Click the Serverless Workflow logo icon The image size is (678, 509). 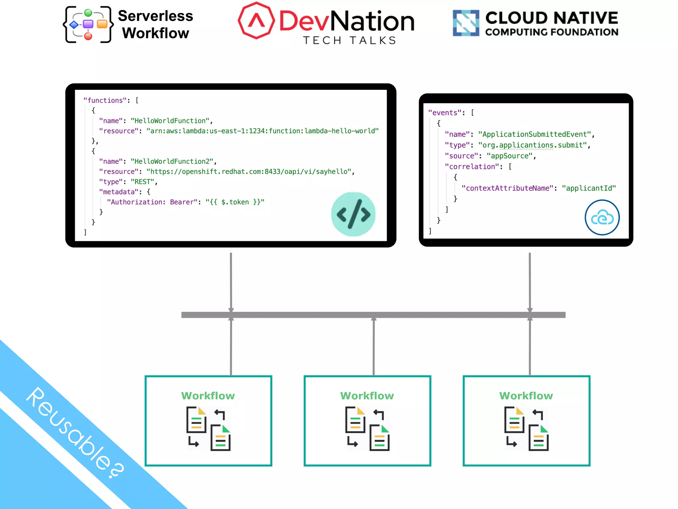pos(88,25)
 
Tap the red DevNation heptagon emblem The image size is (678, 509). pos(256,21)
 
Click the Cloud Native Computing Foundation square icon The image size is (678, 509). pos(466,23)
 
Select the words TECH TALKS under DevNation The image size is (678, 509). pos(350,40)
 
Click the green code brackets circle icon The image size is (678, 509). pos(353,214)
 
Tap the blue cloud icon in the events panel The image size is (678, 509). pos(602,217)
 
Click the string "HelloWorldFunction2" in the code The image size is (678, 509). pos(172,161)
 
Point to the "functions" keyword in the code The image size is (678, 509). pos(105,100)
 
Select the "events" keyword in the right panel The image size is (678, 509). pos(445,113)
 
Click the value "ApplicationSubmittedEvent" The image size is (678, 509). pos(534,134)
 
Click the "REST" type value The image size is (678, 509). pos(142,182)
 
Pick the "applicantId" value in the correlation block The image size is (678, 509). pos(589,188)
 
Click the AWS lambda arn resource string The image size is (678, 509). pos(262,131)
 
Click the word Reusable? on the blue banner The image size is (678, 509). pos(75,432)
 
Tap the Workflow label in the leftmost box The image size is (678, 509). pos(208,396)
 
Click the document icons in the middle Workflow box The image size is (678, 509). pos(367,428)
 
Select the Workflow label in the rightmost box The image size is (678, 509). pos(526,396)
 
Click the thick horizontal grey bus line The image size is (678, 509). pos(373,315)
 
